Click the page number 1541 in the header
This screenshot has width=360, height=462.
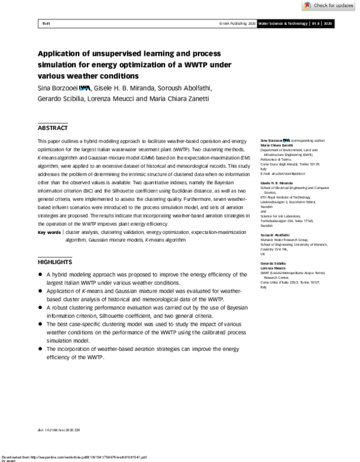click(x=45, y=23)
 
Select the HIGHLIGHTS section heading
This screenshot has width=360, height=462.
click(x=55, y=262)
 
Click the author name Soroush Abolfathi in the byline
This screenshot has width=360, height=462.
click(x=185, y=89)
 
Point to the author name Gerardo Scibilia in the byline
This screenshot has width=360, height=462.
click(x=62, y=99)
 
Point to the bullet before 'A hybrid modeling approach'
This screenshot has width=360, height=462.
click(x=40, y=275)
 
